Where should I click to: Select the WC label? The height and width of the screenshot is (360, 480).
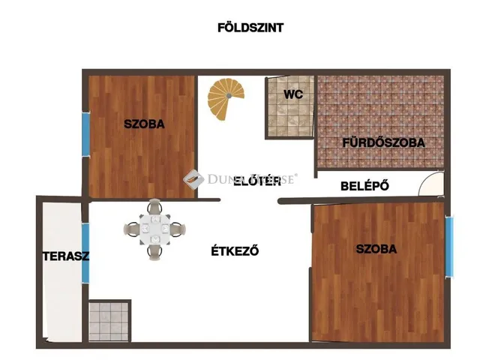click(292, 95)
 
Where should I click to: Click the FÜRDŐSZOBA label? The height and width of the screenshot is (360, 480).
click(383, 142)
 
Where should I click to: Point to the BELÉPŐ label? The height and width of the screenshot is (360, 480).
click(364, 186)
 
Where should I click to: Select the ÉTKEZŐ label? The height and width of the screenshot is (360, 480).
click(235, 251)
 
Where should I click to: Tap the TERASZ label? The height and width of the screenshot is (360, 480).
click(65, 256)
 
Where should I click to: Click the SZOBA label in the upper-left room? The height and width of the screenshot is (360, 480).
click(144, 124)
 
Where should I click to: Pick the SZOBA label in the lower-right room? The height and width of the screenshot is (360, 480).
click(376, 249)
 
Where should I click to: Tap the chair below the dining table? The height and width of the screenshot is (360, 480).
click(154, 252)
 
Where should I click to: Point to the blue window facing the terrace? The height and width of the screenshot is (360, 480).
click(85, 253)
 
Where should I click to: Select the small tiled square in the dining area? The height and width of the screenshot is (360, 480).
click(109, 320)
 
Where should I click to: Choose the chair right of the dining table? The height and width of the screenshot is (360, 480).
click(178, 229)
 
